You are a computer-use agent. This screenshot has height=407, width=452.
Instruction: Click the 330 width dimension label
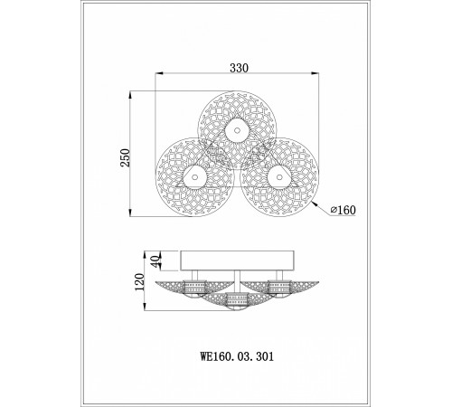240,68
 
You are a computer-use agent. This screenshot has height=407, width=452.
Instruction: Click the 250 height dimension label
125,157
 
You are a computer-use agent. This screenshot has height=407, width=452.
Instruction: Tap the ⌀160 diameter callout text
343,210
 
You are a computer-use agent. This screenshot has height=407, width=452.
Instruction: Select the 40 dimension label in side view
155,261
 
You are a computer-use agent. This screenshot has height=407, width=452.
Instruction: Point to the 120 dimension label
139,281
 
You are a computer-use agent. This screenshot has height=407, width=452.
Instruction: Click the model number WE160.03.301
238,356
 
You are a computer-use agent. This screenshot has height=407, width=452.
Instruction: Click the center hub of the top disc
237,130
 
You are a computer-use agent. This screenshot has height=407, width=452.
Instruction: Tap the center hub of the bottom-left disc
194,177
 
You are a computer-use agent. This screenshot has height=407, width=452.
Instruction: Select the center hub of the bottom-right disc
279,177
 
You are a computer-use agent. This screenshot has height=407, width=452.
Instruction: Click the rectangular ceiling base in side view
237,260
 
